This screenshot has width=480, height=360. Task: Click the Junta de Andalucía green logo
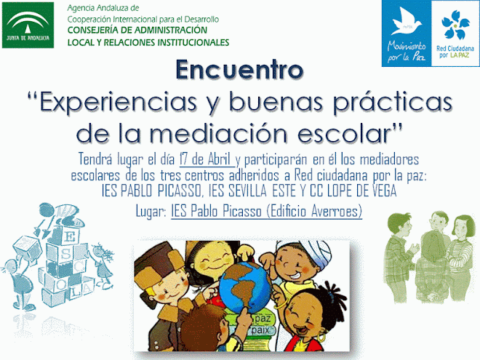pos(28,25)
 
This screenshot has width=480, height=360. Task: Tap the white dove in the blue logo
pos(406,21)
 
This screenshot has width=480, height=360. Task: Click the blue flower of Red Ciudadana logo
pos(455,25)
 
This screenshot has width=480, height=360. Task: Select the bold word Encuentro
pos(239,70)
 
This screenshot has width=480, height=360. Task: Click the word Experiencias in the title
pos(118,103)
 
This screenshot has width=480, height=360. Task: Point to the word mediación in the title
pos(219,134)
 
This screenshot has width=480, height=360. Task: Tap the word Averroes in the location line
pos(337,211)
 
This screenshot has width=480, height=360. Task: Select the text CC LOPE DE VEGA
pos(353,191)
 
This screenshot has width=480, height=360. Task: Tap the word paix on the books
pos(260,331)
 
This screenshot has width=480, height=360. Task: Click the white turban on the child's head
pos(309,253)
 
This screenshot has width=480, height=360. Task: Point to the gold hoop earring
pos(321,337)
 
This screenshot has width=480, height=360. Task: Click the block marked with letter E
pos(69,236)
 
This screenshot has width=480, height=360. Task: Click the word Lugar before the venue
pos(151,212)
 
